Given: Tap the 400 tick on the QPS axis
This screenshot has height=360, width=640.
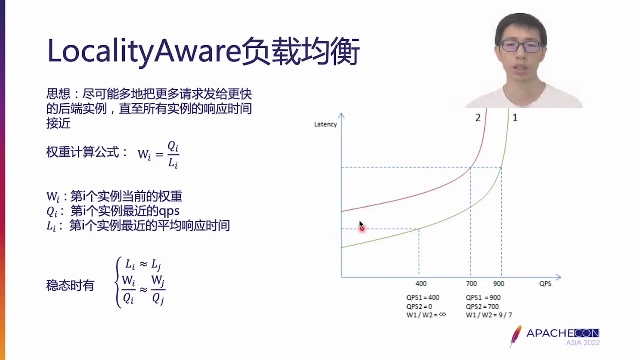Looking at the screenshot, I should [421, 284].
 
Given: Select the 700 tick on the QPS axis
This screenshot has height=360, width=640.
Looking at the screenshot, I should [471, 284].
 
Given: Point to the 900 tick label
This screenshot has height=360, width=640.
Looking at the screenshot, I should [499, 284].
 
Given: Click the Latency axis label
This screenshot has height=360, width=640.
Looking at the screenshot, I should [325, 124].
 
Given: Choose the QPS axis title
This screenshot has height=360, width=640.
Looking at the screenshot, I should [545, 284].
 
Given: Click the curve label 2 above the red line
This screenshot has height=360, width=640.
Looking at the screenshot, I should [478, 118].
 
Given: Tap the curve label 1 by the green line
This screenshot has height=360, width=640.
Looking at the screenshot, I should [515, 118].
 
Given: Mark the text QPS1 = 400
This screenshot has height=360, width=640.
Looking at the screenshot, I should [423, 298].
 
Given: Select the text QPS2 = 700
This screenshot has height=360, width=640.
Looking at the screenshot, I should [482, 306].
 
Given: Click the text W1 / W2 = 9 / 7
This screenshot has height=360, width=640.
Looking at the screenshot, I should [489, 315].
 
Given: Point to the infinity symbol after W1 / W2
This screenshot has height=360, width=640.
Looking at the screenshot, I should [442, 315].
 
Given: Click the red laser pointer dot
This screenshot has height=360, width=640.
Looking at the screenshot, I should [362, 229].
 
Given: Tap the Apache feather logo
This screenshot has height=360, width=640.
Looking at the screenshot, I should [515, 336].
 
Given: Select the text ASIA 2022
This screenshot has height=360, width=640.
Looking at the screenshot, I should [583, 343].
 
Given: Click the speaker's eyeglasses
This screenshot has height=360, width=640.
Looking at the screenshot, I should [521, 47].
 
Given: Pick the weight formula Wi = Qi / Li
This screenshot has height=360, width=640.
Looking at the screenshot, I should [158, 154].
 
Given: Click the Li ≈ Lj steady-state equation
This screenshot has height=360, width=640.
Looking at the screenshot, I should [143, 265].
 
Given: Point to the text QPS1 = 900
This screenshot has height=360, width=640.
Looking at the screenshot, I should [483, 298].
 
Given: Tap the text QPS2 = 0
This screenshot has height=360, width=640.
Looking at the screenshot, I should [419, 306].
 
